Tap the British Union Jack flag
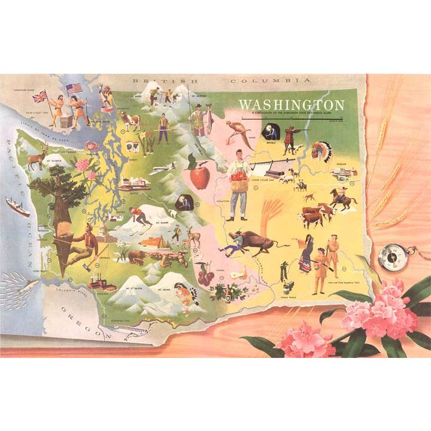pyautogui.click(x=41, y=96)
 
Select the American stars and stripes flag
pyautogui.click(x=74, y=89)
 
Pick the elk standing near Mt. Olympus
pyautogui.click(x=37, y=159)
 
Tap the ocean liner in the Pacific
pyautogui.click(x=18, y=207)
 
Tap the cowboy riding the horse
pyautogui.click(x=342, y=198)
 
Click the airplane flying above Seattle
pyautogui.click(x=162, y=168)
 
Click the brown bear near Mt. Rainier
pyautogui.click(x=136, y=257)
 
